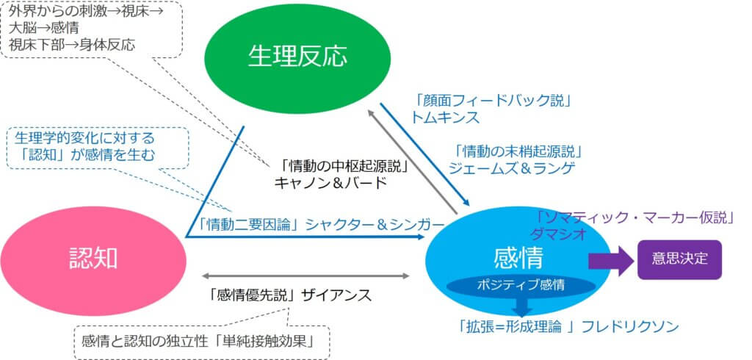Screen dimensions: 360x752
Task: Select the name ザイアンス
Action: tap(339, 296)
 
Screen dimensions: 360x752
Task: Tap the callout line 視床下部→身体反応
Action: tap(72, 44)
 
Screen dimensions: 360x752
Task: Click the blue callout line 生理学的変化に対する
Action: tap(85, 137)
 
